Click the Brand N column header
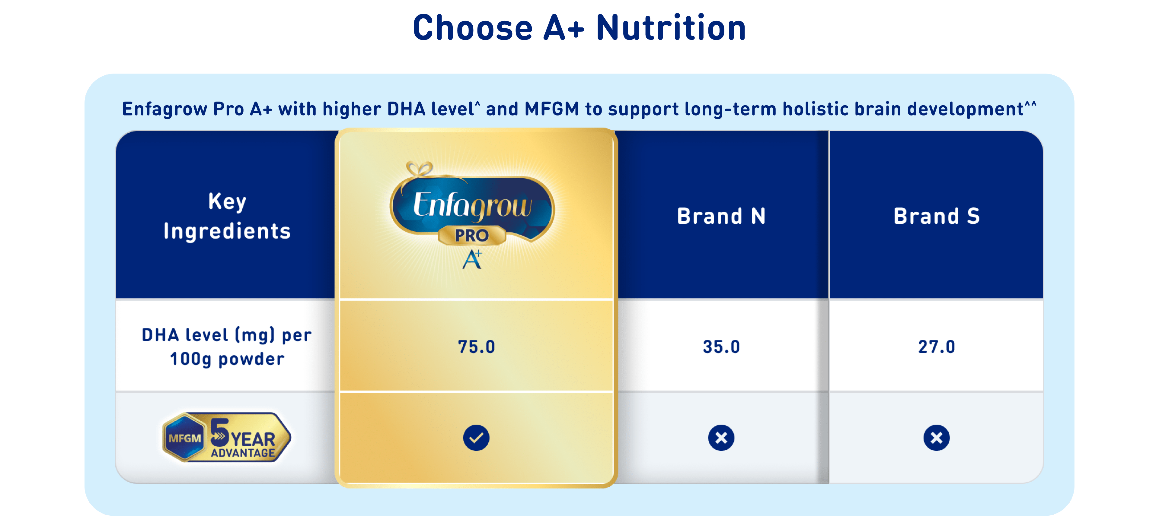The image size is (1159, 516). [721, 216]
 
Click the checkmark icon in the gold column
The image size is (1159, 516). [476, 437]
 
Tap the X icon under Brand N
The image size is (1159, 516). [721, 437]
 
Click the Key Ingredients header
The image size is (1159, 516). [227, 217]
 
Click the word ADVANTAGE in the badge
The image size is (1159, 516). [243, 453]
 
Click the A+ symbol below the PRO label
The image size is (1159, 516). [472, 259]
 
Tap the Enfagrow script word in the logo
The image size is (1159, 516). [472, 206]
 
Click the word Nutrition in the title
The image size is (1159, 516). [671, 28]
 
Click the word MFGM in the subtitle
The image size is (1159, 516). [552, 109]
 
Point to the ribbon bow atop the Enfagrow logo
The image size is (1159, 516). [419, 169]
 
